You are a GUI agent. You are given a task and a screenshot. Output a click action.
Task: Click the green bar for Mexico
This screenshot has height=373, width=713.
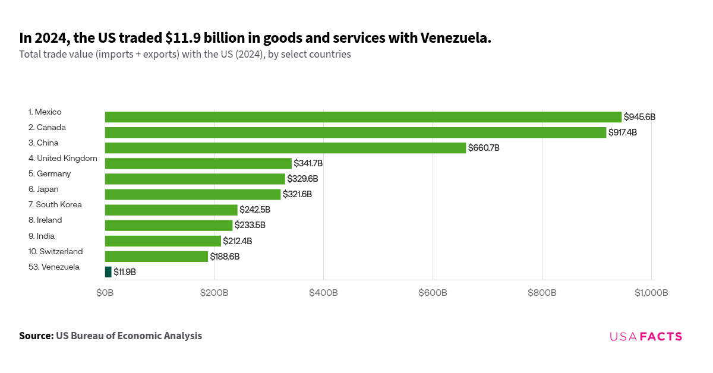pos(363,117)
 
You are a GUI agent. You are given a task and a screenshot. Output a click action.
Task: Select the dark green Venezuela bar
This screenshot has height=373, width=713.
pos(108,272)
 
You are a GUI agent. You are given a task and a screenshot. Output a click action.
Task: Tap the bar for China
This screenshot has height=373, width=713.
pos(285,148)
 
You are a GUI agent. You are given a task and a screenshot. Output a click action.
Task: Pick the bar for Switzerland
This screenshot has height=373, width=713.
pos(156,257)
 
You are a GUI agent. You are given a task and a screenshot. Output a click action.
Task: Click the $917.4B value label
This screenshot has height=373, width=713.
pos(622,132)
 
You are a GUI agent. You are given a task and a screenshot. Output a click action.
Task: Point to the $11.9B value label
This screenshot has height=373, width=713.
pos(125,272)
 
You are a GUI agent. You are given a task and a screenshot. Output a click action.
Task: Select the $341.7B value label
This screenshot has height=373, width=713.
pos(308,163)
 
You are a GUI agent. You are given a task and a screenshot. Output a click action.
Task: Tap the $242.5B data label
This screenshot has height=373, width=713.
pos(255,210)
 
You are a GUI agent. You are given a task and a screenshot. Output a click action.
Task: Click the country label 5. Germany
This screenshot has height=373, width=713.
pos(49,173)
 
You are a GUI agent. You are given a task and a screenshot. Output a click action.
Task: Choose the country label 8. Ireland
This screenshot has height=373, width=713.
pos(45,220)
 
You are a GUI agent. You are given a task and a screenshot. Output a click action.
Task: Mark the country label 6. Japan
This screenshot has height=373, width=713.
pos(43,189)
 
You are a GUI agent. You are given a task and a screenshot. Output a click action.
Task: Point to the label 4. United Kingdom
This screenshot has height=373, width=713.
pos(62,158)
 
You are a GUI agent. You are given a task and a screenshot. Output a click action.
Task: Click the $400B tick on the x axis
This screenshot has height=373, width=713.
pos(323,293)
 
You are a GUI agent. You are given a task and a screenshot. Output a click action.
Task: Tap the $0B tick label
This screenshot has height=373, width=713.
pos(105,293)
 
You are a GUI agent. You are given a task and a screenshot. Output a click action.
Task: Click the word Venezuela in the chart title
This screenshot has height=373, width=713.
pos(455,38)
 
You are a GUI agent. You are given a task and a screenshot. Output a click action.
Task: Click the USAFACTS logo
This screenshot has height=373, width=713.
pos(646,337)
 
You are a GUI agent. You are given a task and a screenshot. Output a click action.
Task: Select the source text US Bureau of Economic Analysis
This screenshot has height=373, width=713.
pos(129,336)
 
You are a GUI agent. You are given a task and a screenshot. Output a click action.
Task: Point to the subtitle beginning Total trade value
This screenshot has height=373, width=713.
pos(185,55)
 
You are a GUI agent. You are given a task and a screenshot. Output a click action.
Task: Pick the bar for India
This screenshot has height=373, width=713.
pos(163,241)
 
